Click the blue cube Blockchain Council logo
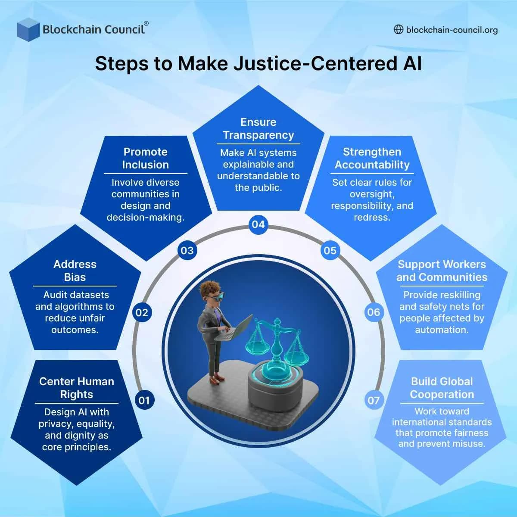(28, 29)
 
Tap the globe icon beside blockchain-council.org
(399, 29)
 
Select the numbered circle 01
(144, 400)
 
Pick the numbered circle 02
(142, 312)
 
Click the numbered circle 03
(187, 250)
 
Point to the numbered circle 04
(258, 224)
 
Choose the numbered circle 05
(330, 250)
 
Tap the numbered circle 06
(374, 312)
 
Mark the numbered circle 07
(373, 400)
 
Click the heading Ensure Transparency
(258, 128)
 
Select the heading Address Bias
(75, 271)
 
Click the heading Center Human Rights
(77, 388)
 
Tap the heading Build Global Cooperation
(442, 388)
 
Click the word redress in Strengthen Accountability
(372, 218)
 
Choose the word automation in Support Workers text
(442, 330)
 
